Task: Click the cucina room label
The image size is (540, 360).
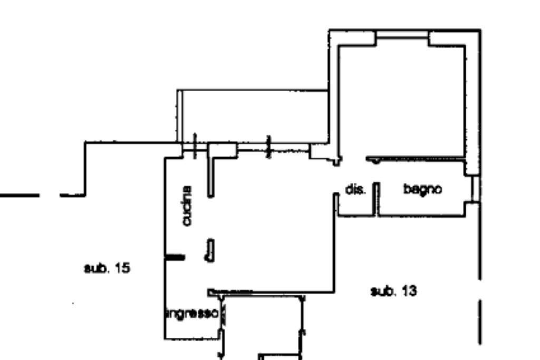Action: click(x=187, y=206)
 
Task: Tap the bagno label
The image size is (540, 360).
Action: click(x=422, y=189)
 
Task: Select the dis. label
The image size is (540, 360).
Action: click(x=355, y=189)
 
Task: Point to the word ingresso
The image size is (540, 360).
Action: click(x=192, y=314)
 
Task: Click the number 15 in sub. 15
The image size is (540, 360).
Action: click(x=122, y=268)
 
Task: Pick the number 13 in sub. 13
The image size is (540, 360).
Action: click(x=409, y=291)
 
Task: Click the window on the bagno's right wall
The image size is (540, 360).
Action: click(x=476, y=189)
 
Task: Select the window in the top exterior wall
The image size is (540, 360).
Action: click(x=402, y=34)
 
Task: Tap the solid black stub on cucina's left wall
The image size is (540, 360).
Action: click(x=176, y=257)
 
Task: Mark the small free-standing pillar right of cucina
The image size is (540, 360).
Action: click(x=210, y=250)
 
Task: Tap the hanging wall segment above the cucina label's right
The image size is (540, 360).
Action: click(x=211, y=177)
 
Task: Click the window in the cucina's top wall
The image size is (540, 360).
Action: click(x=195, y=147)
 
